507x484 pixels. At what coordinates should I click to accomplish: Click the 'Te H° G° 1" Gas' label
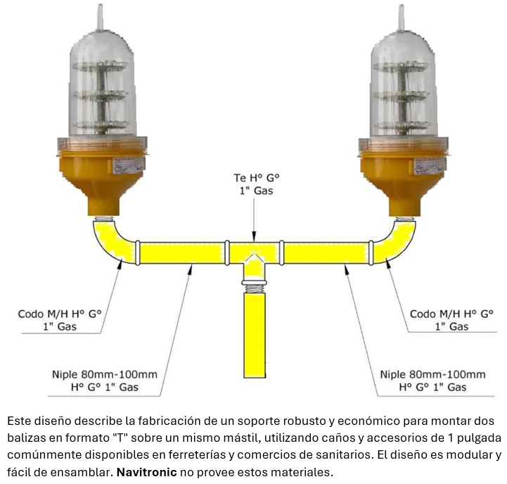coord(257,184)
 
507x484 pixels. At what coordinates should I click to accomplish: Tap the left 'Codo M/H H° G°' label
coord(60,314)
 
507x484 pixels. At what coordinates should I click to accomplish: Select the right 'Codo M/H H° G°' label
coord(451,314)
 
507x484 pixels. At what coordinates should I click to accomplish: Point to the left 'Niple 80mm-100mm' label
coord(105,375)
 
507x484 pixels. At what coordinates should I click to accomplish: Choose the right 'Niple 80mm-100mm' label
coord(432,375)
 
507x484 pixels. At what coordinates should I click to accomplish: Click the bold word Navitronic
coord(146,472)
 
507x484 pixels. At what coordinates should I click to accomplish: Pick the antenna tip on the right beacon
coord(402,6)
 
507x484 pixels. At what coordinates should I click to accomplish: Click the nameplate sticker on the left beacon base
coord(128,165)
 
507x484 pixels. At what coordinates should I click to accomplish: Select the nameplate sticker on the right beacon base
coord(430,165)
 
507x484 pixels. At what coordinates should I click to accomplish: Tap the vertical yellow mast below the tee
coord(255,335)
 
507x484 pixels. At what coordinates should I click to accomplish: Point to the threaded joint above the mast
coord(255,287)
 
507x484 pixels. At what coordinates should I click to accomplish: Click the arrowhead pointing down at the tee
coord(254,236)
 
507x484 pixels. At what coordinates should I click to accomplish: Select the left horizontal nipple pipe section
coord(182,253)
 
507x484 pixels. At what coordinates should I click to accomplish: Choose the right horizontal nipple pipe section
coord(326,253)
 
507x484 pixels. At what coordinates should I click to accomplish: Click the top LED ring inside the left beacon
coord(101,67)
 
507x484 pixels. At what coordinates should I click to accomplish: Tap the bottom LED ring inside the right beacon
coord(402,126)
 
